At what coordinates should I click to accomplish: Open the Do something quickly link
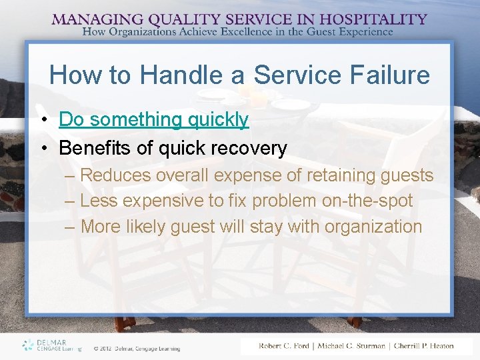coord(153,120)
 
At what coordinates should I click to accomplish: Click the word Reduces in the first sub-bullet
coord(115,175)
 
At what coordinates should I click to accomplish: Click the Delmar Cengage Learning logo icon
coord(28,345)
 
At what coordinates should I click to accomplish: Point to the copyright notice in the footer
coord(136,348)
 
